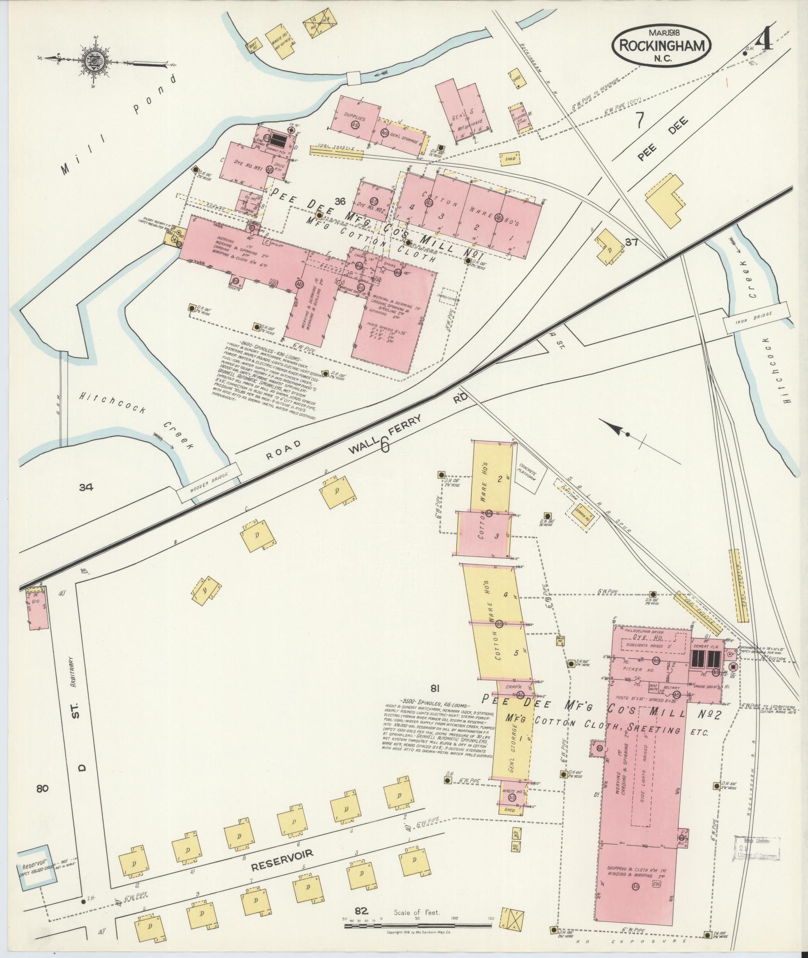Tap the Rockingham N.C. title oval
tap(660, 46)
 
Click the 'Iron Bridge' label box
tap(756, 317)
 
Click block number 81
tap(435, 688)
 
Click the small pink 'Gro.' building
tap(37, 607)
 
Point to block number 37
tap(631, 243)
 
